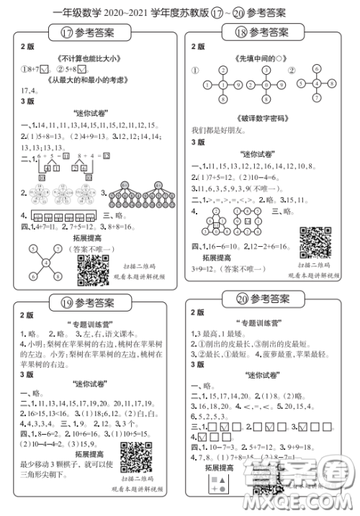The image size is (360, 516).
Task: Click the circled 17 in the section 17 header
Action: tap(66, 32)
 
